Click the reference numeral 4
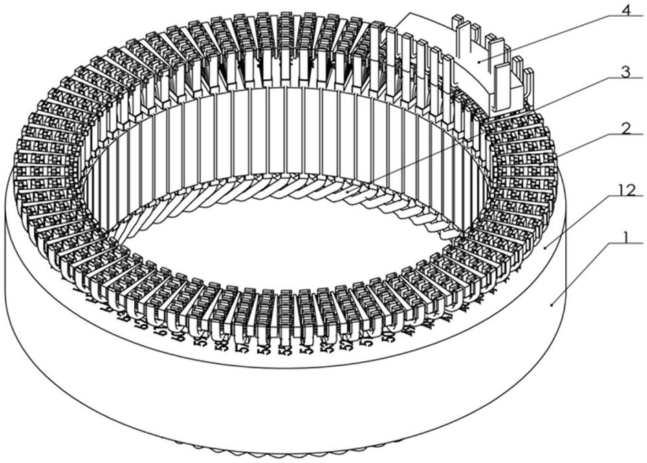click(x=626, y=12)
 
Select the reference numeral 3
click(x=624, y=73)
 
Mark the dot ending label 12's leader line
click(x=545, y=246)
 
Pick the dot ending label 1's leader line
click(x=551, y=303)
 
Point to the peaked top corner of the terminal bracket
click(x=407, y=14)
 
